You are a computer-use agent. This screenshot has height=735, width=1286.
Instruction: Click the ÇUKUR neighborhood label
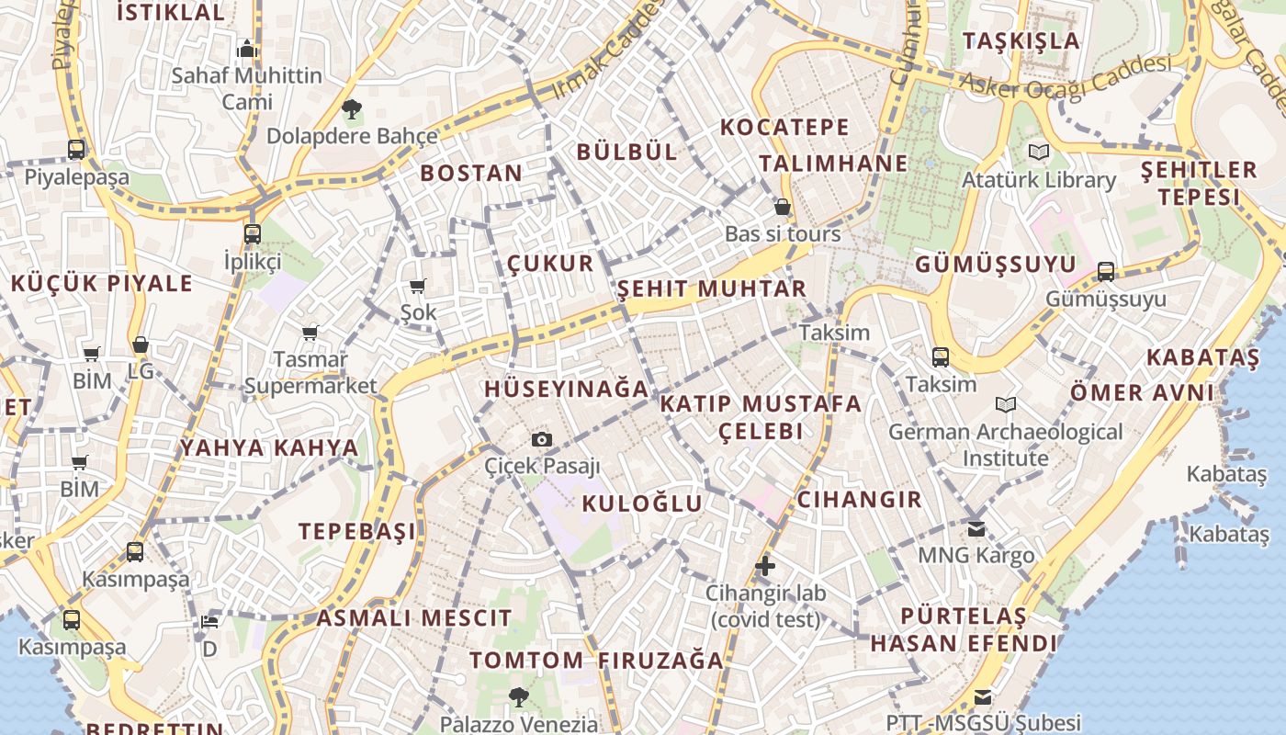[550, 264]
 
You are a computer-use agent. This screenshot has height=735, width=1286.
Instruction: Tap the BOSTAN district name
[471, 173]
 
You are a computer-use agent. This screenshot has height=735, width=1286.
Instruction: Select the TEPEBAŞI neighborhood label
[357, 531]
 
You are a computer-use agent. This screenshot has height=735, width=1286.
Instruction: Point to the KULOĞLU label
[642, 503]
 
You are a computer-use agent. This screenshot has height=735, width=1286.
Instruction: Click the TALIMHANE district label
[833, 164]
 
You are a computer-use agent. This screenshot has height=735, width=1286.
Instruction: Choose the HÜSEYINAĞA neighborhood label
[567, 389]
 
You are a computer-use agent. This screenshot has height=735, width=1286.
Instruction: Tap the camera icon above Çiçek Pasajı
[542, 440]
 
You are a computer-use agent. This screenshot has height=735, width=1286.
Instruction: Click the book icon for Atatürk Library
[1039, 152]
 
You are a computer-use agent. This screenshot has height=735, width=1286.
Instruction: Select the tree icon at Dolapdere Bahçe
[351, 110]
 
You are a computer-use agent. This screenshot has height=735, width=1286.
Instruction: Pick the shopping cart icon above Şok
[418, 287]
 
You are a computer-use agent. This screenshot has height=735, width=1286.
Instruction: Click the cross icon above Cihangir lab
[765, 566]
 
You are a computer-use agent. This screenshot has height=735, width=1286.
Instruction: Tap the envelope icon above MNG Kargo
[976, 528]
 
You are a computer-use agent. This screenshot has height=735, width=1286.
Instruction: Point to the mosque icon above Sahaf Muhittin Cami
[246, 49]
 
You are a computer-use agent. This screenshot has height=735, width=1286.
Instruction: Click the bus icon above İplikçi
[253, 234]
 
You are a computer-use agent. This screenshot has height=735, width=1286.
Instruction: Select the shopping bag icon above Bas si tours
[783, 207]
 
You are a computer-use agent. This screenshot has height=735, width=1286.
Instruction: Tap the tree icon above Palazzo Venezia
[519, 697]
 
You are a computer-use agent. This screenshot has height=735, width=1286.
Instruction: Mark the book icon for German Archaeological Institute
[1006, 404]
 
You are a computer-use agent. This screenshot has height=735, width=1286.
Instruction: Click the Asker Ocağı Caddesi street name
[1066, 75]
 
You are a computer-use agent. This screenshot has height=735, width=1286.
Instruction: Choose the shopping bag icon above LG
[141, 345]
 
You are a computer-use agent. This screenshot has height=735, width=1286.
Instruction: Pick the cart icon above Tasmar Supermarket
[310, 333]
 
